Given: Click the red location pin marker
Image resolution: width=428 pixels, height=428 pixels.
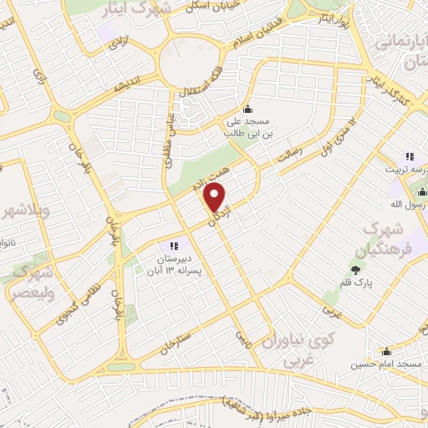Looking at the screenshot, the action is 216,198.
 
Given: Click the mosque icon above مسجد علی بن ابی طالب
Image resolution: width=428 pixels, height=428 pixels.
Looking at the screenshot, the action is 247,109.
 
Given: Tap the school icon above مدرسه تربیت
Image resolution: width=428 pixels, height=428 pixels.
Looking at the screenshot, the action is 410,155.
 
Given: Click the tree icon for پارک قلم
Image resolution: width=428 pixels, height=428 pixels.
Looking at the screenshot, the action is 357,269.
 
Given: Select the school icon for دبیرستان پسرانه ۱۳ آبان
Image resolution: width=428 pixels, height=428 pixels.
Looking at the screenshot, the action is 175,245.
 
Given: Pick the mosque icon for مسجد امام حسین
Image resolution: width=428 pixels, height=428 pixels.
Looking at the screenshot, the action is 385,352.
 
